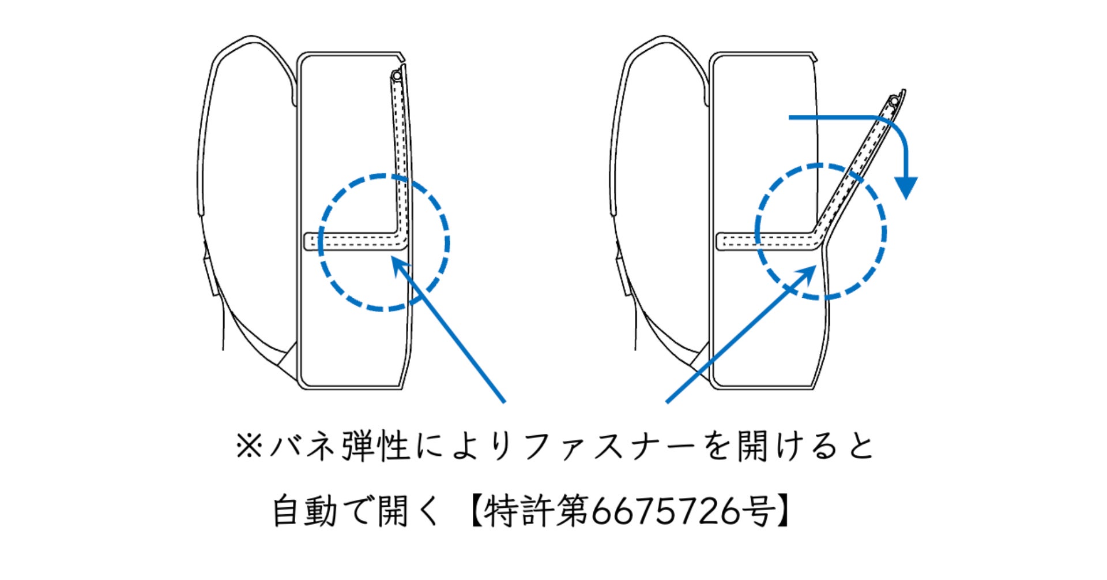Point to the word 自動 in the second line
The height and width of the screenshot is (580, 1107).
[x=304, y=511]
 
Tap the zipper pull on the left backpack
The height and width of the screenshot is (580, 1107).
[x=396, y=76]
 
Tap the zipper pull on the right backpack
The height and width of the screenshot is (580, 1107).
[x=894, y=102]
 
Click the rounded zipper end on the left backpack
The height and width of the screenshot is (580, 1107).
[x=309, y=241]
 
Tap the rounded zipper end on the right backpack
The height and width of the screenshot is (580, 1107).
[x=721, y=241]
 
